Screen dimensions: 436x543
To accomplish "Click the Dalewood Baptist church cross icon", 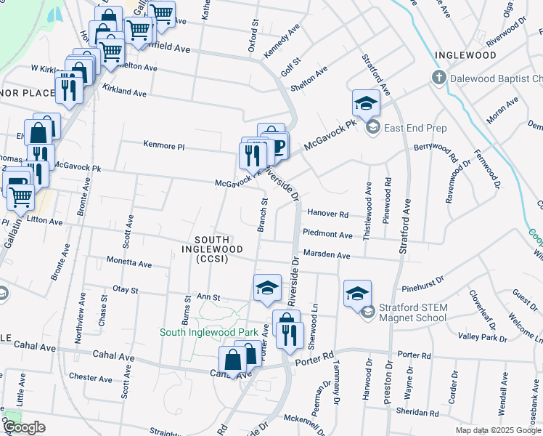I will pos(438,78).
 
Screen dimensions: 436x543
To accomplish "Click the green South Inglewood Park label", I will pos(209,332).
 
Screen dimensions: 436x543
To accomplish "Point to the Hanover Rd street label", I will pos(328,214).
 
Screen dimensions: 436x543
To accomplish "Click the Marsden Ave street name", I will pos(327,256).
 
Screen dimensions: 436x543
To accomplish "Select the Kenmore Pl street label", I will pos(164,147).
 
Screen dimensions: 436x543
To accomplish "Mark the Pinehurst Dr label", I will pos(422,278).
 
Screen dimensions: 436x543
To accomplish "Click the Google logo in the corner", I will pos(25,427).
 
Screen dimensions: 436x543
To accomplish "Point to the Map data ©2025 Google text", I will pos(497,430).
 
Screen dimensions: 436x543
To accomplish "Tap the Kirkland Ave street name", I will pos(125,91).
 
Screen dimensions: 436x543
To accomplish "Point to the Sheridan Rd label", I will pos(418,412).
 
